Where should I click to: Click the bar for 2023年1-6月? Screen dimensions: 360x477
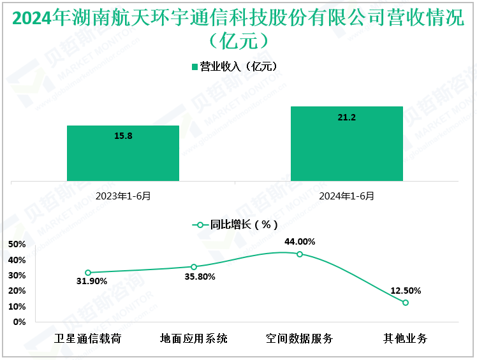[x=123, y=153]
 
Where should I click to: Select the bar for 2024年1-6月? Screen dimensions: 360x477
[x=346, y=143]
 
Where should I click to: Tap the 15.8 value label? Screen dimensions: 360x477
[x=123, y=136]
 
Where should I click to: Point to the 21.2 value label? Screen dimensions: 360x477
[x=346, y=117]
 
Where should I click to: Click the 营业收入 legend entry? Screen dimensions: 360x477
[x=233, y=66]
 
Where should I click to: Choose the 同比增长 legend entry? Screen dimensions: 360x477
[x=235, y=224]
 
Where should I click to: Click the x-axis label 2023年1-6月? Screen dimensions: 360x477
[x=123, y=196]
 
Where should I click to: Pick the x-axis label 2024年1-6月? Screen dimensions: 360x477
[x=346, y=196]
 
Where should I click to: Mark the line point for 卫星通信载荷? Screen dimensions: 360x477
[x=88, y=273]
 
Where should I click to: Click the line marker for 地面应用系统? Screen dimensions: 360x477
[x=194, y=267]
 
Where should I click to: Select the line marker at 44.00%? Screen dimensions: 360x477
[x=300, y=254]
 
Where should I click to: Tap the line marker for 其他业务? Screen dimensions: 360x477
[x=406, y=303]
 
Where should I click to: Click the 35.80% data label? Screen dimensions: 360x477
[x=199, y=277]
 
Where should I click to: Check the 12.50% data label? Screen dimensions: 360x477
[x=406, y=291]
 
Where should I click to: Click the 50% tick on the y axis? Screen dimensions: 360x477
[x=17, y=245]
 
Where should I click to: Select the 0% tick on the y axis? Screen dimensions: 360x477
[x=20, y=322]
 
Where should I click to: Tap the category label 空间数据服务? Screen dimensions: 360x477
[x=300, y=338]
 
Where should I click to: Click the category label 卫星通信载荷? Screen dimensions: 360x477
[x=88, y=338]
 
